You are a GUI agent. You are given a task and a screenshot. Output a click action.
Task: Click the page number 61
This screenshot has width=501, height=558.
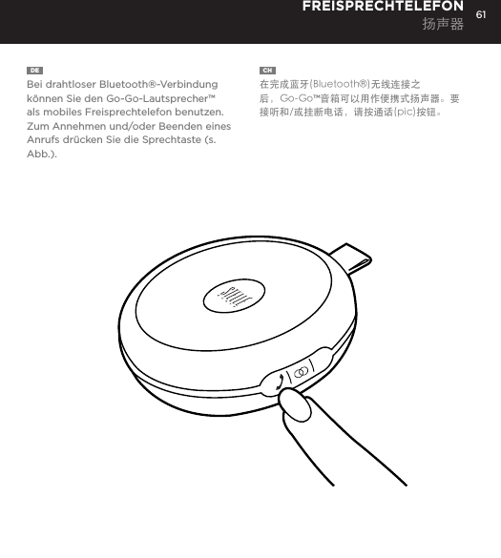[x=481, y=14]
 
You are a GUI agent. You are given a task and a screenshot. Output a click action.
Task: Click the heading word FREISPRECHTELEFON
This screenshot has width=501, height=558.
[x=383, y=8]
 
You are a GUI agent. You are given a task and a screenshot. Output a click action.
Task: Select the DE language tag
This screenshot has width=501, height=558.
[x=33, y=71]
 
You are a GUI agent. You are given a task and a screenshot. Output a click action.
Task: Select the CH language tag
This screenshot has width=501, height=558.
[x=267, y=71]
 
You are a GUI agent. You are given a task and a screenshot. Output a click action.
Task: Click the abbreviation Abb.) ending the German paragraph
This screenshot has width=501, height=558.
[x=41, y=154]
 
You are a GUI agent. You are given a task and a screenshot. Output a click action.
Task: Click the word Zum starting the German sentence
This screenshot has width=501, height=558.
[x=38, y=126]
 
